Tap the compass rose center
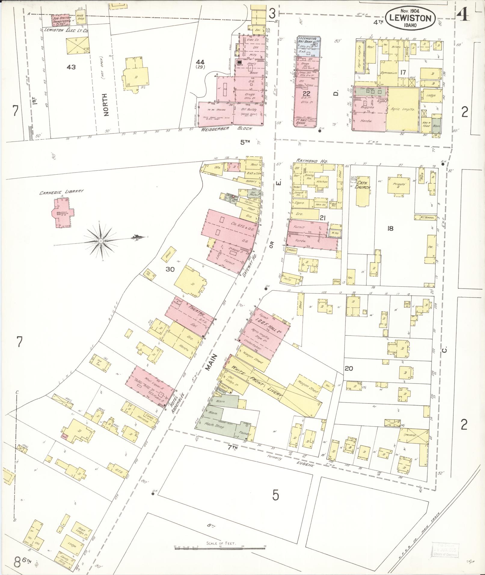coord(101,241)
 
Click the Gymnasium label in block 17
coord(389,73)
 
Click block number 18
coord(390,229)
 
